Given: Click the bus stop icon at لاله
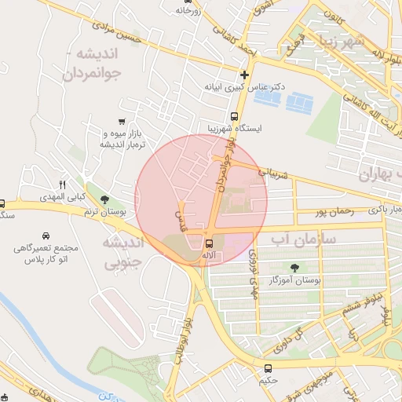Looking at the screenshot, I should coord(209,243).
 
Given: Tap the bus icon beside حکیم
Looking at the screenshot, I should coord(269,367).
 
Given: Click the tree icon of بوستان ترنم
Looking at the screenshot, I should coord(105,200).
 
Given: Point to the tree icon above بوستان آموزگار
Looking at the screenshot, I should coord(295,268).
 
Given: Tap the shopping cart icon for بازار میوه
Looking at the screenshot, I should coord(121,121).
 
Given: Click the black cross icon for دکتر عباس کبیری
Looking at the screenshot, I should coord(245,75).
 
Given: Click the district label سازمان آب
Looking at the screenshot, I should coord(303,238).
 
